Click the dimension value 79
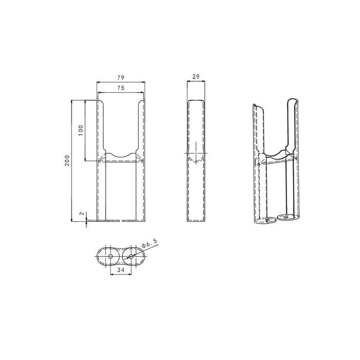click(121, 77)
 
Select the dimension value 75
click(121, 88)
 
